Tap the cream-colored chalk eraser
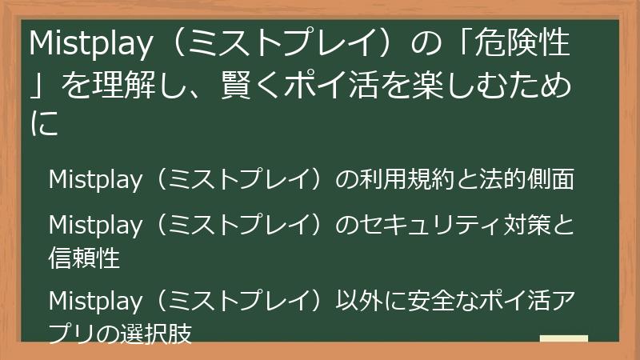point(564,338)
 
